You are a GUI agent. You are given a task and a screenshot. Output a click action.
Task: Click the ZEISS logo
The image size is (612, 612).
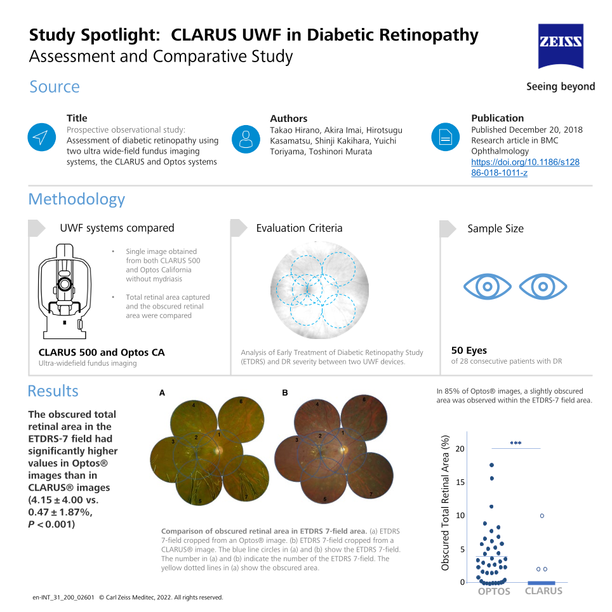click(x=561, y=46)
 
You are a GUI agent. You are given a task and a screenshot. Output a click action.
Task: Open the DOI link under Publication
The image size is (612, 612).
click(x=525, y=168)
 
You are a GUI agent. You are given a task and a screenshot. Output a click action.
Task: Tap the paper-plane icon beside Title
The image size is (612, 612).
click(x=42, y=137)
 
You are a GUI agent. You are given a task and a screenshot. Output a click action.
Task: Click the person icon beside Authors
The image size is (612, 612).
click(x=246, y=139)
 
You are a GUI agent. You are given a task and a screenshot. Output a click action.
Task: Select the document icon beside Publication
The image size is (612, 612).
click(x=445, y=137)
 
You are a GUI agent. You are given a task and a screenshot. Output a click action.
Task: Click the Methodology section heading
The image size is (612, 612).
click(x=76, y=199)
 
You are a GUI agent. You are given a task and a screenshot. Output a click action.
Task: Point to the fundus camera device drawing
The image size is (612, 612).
click(x=65, y=291)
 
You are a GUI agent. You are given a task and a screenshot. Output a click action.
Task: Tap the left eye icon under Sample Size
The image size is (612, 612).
click(x=487, y=287)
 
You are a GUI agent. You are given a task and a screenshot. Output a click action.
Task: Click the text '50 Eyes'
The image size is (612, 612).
click(x=469, y=350)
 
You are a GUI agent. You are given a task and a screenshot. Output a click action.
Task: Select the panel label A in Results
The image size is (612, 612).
click(x=162, y=393)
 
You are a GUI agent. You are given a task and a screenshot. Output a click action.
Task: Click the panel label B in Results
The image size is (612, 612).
click(x=285, y=392)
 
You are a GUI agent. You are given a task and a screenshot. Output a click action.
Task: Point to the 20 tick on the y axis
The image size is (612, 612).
click(x=460, y=449)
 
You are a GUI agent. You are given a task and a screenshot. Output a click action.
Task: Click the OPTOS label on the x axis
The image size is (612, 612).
click(x=494, y=591)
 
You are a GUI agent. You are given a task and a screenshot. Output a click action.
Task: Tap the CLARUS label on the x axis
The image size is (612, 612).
click(x=543, y=591)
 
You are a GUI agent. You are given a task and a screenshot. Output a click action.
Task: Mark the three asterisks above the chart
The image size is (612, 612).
click(x=516, y=443)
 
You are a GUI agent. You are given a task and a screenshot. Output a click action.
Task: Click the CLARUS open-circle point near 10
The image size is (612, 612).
click(x=542, y=516)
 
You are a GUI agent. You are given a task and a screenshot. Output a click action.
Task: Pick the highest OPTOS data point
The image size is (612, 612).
click(x=492, y=465)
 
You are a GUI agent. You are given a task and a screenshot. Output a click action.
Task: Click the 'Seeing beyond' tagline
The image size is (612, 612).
click(x=561, y=86)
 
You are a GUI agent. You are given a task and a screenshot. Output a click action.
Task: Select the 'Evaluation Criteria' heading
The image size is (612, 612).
click(x=300, y=228)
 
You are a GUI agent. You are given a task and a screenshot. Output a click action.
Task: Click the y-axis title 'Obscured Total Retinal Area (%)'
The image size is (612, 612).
click(x=445, y=503)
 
